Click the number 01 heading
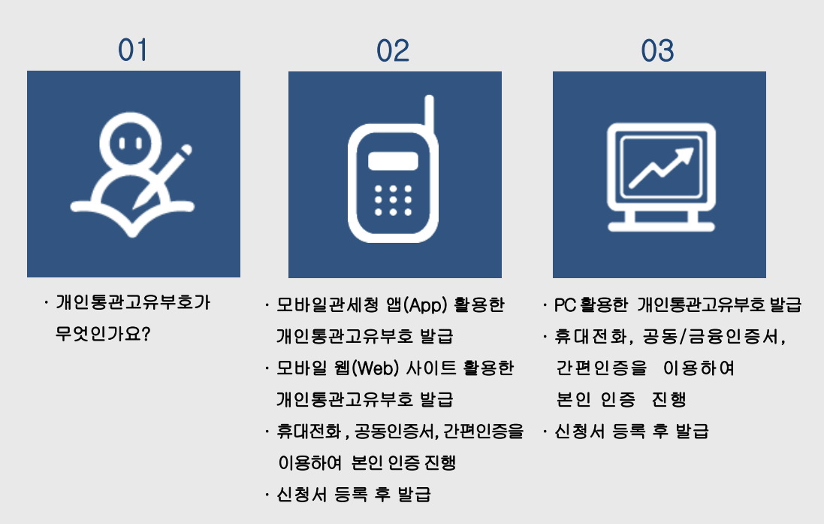click(x=133, y=50)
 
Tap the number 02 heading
click(x=393, y=50)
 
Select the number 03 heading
click(x=657, y=50)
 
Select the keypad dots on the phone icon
click(x=393, y=199)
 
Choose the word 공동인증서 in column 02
click(x=394, y=432)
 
